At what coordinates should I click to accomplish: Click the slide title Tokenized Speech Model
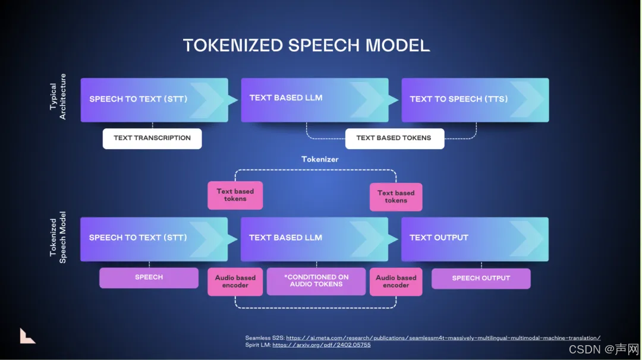pyautogui.click(x=306, y=45)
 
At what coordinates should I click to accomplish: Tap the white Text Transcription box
pyautogui.click(x=152, y=138)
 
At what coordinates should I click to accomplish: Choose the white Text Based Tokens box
pyautogui.click(x=395, y=138)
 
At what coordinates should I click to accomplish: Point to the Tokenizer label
pyautogui.click(x=320, y=159)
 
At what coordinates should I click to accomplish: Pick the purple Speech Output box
pyautogui.click(x=481, y=278)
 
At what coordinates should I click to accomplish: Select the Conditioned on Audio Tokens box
pyautogui.click(x=316, y=280)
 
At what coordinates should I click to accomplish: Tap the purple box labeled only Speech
pyautogui.click(x=149, y=277)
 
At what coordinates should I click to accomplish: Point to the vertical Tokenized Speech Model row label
pyautogui.click(x=58, y=238)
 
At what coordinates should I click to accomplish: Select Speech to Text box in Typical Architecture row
pyautogui.click(x=154, y=100)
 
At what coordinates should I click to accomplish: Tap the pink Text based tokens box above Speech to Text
pyautogui.click(x=235, y=195)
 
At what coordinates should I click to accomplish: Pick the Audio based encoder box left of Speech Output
pyautogui.click(x=396, y=282)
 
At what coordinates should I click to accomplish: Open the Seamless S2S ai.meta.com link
pyautogui.click(x=443, y=338)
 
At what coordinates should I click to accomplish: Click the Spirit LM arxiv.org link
pyautogui.click(x=321, y=345)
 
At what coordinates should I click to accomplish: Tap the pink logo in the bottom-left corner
pyautogui.click(x=27, y=336)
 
